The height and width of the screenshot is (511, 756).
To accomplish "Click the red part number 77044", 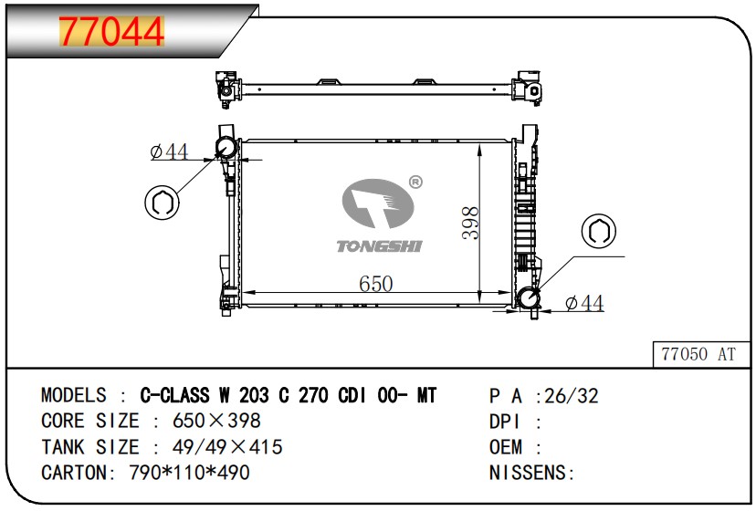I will pos(111,32).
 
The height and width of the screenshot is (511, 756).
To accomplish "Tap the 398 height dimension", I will pos(469,223).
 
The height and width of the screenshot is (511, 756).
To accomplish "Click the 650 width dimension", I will pos(375,284).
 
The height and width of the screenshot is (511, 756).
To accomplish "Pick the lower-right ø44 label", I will pos(584,303).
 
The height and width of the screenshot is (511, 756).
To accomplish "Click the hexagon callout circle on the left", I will pos(162,201).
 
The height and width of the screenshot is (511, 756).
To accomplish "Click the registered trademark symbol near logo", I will pos(415,182).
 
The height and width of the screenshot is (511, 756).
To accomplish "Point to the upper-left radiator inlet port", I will pos(226,148).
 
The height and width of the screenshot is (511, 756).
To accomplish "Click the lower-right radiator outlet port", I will pos(529,299).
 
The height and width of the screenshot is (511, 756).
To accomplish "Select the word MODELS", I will pos(74,395).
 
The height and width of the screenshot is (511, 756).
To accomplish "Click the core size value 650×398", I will pos(216,421).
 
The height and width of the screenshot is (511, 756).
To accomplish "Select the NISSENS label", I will pos(530,473).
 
